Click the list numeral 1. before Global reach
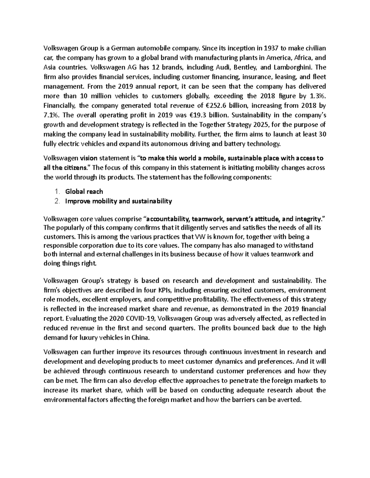57,191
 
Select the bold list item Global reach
84,191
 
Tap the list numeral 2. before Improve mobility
57,201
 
